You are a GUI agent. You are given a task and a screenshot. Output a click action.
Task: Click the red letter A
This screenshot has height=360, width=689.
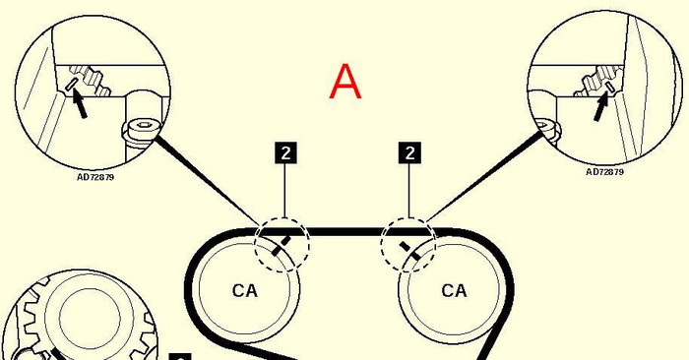(345, 82)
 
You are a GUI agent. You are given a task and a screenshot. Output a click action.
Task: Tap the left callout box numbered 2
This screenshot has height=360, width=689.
(285, 152)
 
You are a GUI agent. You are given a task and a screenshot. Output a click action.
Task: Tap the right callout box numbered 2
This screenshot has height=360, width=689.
(409, 152)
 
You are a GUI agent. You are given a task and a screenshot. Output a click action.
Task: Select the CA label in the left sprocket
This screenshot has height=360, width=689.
(245, 290)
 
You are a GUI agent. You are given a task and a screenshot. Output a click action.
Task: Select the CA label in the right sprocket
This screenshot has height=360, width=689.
(454, 290)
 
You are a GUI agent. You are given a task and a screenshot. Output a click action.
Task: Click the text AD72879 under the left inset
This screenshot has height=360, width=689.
(95, 177)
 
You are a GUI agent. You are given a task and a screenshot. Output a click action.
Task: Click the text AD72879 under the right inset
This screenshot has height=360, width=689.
(604, 172)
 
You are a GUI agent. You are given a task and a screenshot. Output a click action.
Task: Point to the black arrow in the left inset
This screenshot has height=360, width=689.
(80, 103)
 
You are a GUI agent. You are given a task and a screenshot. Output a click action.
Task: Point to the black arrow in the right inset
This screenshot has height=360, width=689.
(600, 105)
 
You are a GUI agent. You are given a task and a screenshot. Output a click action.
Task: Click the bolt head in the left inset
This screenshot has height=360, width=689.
(140, 130)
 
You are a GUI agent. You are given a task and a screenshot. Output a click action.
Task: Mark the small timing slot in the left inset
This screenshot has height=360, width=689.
(71, 85)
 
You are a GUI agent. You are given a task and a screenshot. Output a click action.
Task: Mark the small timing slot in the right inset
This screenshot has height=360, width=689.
(610, 86)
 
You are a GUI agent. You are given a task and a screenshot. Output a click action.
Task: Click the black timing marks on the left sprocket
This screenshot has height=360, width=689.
(282, 246)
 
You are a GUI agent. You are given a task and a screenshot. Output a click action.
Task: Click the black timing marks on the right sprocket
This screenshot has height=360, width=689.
(409, 250)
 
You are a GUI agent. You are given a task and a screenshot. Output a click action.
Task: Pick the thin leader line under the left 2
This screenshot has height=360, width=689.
(285, 191)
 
